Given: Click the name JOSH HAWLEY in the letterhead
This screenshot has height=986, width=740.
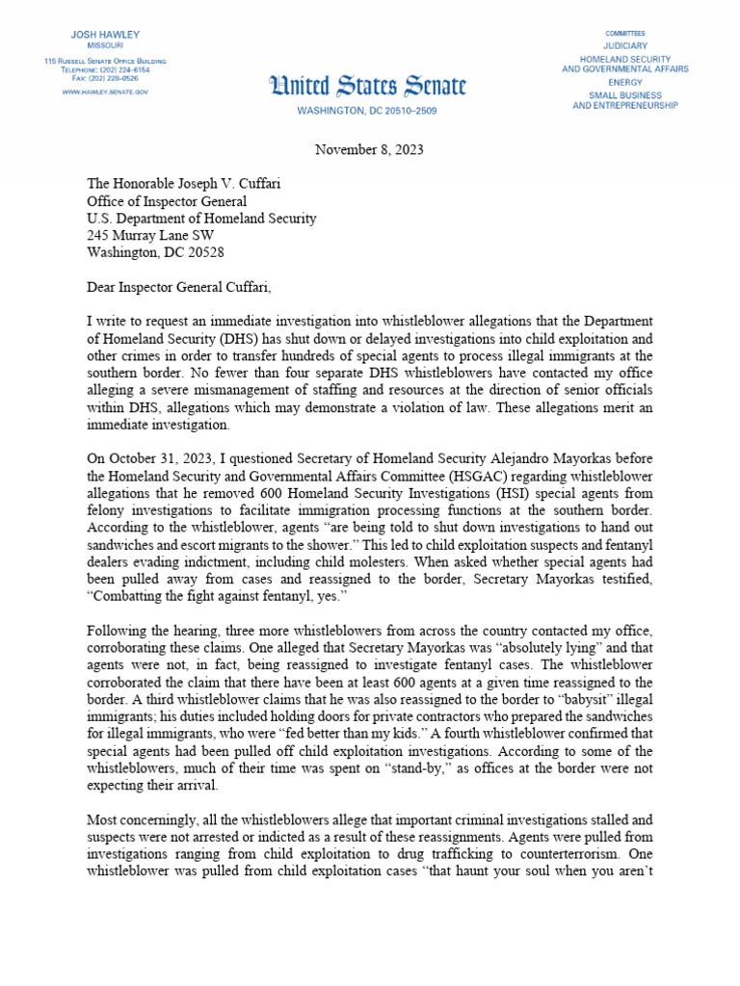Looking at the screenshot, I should click(x=105, y=35).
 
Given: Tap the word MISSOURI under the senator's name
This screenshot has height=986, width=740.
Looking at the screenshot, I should click(x=105, y=46).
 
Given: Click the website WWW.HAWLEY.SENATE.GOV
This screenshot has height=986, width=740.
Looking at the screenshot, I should click(x=105, y=91).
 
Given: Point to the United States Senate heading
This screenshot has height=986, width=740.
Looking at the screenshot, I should click(x=367, y=88).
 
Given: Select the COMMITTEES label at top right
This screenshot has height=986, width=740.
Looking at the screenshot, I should click(x=625, y=32).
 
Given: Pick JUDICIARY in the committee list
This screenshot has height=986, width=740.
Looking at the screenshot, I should click(x=625, y=45).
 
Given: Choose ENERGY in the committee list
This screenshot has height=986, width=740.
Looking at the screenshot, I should click(x=625, y=83).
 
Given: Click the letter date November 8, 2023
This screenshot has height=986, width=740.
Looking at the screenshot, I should click(x=369, y=150).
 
